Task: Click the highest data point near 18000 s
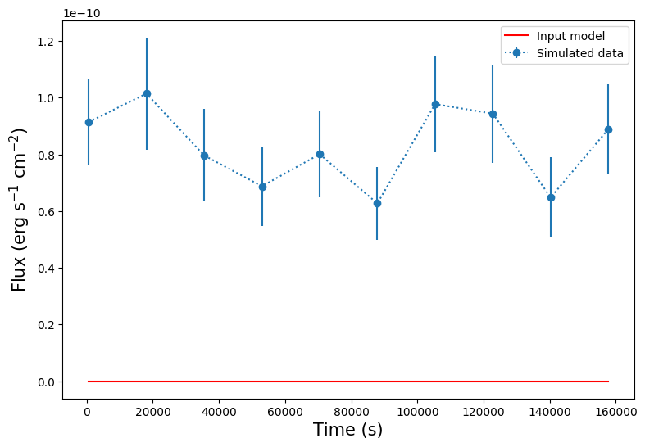[147, 93]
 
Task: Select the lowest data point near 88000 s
[377, 203]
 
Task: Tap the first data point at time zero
[89, 122]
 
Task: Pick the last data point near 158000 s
[608, 129]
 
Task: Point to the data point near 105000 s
[435, 104]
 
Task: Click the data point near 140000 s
[551, 197]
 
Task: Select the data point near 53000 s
[262, 187]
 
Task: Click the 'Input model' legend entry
[570, 36]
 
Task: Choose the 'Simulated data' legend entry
[580, 54]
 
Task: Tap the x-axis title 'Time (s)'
[348, 430]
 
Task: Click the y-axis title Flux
[19, 210]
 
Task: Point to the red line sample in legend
[517, 36]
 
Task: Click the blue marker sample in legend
[517, 54]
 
